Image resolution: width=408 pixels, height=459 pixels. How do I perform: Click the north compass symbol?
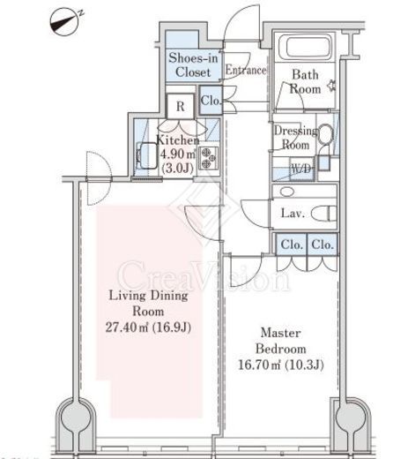click(65, 22)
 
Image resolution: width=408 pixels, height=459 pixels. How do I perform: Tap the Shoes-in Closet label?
click(193, 64)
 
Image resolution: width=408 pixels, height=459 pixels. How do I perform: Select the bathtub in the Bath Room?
click(305, 47)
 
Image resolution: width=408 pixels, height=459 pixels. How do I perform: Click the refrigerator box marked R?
click(181, 106)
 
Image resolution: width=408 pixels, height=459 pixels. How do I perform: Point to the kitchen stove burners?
click(209, 158)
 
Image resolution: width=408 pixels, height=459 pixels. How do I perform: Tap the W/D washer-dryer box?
click(300, 169)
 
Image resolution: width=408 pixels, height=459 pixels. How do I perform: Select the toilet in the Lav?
click(324, 214)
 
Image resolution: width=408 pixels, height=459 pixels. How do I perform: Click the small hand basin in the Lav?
click(287, 192)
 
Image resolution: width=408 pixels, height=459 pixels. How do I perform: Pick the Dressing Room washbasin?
click(325, 135)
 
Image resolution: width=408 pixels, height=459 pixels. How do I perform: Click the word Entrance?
click(246, 70)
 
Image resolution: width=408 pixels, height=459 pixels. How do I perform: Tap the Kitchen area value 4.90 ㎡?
click(178, 154)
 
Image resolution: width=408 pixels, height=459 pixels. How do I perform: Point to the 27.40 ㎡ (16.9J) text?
click(148, 327)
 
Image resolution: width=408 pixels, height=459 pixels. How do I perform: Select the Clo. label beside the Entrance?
click(211, 101)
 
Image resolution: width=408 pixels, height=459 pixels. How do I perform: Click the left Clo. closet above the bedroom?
click(292, 245)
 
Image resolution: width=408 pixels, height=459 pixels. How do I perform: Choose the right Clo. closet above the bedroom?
click(323, 245)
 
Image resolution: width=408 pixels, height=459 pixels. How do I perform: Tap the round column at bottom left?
click(76, 417)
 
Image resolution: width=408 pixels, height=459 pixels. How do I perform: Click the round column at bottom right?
click(351, 417)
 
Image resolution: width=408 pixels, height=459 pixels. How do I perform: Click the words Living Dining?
click(148, 296)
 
